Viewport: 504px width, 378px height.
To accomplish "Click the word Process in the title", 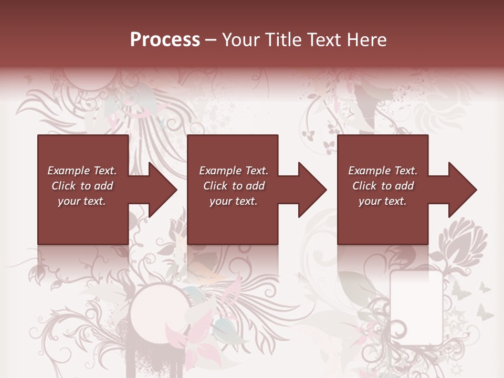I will pyautogui.click(x=165, y=40).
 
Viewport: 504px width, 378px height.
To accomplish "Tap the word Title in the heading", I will pyautogui.click(x=282, y=40).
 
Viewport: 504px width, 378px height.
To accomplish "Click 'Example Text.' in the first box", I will pyautogui.click(x=82, y=171).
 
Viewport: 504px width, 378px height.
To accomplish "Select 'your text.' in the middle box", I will pyautogui.click(x=233, y=201).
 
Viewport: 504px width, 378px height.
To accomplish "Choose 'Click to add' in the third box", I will pyautogui.click(x=383, y=186).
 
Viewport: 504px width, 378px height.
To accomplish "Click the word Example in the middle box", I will pyautogui.click(x=220, y=171).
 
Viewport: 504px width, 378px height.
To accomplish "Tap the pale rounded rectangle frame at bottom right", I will pyautogui.click(x=416, y=307).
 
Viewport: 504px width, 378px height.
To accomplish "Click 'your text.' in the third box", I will pyautogui.click(x=382, y=201).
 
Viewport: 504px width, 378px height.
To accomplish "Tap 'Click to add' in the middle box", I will pyautogui.click(x=234, y=186).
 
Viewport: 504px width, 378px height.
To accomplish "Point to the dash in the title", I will pyautogui.click(x=211, y=40).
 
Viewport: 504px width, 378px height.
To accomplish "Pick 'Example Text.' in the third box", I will pyautogui.click(x=383, y=171).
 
